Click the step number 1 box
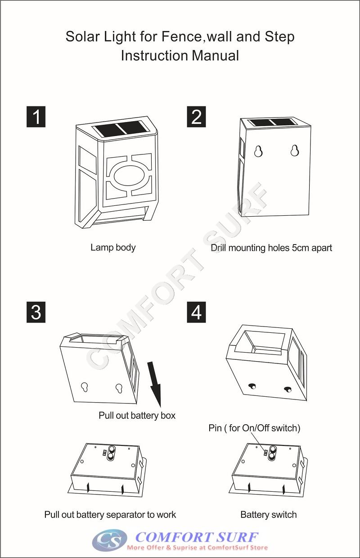pyautogui.click(x=36, y=117)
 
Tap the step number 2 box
pyautogui.click(x=196, y=117)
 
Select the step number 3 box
pyautogui.click(x=36, y=313)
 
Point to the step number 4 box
pyautogui.click(x=196, y=313)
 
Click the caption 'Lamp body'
pyautogui.click(x=113, y=247)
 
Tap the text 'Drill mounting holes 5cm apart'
pyautogui.click(x=271, y=248)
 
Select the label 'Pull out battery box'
pyautogui.click(x=137, y=415)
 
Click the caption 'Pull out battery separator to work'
pyautogui.click(x=110, y=514)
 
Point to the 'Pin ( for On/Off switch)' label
pyautogui.click(x=254, y=428)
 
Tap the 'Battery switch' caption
pyautogui.click(x=269, y=514)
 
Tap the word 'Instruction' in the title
pyautogui.click(x=154, y=56)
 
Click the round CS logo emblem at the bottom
pyautogui.click(x=109, y=540)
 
